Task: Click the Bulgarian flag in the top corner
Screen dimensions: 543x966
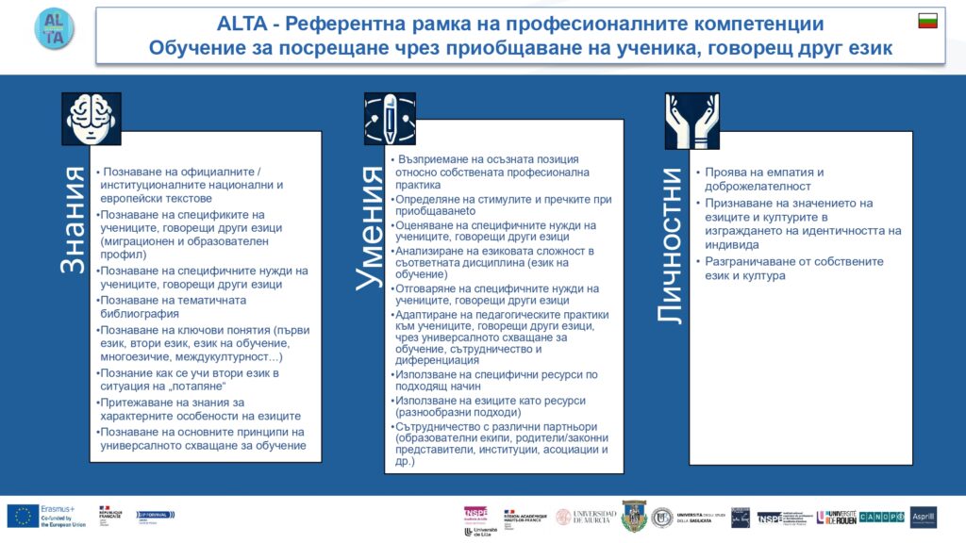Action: pos(927,21)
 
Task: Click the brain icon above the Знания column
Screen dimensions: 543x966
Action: pos(92,118)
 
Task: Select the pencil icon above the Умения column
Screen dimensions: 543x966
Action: pos(390,118)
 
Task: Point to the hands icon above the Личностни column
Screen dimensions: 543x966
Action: pos(691,119)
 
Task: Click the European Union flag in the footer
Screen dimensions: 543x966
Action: pos(23,516)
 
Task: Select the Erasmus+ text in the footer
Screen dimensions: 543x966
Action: pos(56,508)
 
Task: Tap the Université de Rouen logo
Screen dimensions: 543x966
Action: pos(835,517)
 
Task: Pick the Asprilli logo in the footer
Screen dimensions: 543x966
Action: pos(924,517)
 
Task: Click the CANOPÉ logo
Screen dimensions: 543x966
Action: pos(882,517)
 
